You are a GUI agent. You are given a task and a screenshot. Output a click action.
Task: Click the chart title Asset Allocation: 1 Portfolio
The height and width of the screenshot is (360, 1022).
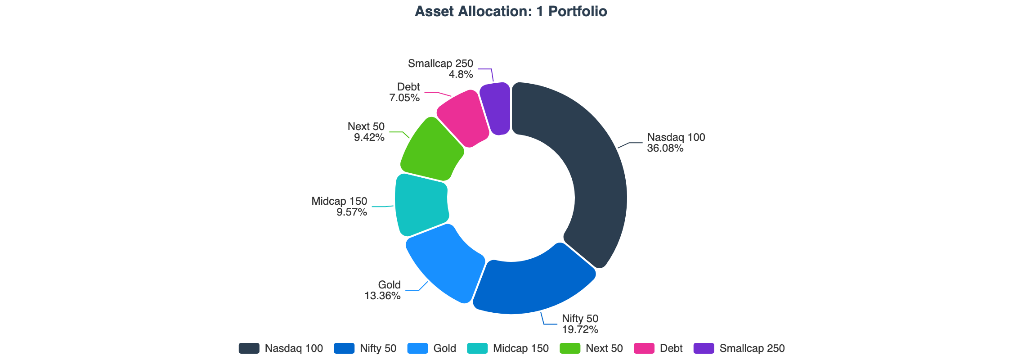pos(511,11)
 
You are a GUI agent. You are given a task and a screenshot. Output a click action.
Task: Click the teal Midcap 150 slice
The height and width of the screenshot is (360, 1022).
pos(421,205)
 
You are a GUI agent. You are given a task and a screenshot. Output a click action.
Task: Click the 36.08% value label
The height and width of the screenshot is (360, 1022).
pos(665,148)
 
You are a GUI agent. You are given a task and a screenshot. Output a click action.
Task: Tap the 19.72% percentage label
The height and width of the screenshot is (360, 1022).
pos(580,329)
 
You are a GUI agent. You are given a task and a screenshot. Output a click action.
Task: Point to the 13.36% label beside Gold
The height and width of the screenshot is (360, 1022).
pos(382,296)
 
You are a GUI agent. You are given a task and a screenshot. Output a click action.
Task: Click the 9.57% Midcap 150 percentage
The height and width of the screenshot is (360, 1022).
pos(352,212)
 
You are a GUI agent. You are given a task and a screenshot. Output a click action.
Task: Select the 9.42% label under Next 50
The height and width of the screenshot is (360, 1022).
pos(369,137)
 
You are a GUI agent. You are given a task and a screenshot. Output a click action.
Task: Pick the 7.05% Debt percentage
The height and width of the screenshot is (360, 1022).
pos(404,98)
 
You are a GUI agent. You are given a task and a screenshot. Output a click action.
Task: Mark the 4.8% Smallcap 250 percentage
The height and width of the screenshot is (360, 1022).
pos(461,74)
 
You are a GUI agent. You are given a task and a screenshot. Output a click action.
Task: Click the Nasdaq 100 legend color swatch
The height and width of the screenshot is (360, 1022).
pos(249,348)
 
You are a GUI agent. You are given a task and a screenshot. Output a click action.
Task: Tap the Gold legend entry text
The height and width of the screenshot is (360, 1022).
pos(444,348)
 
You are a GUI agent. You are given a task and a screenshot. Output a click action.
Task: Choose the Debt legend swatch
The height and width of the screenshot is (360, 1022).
pos(644,348)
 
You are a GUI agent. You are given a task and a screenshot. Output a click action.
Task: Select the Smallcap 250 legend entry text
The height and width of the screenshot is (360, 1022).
pos(752,348)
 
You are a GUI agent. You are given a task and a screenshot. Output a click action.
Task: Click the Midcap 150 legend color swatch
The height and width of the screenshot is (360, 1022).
pos(477,348)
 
